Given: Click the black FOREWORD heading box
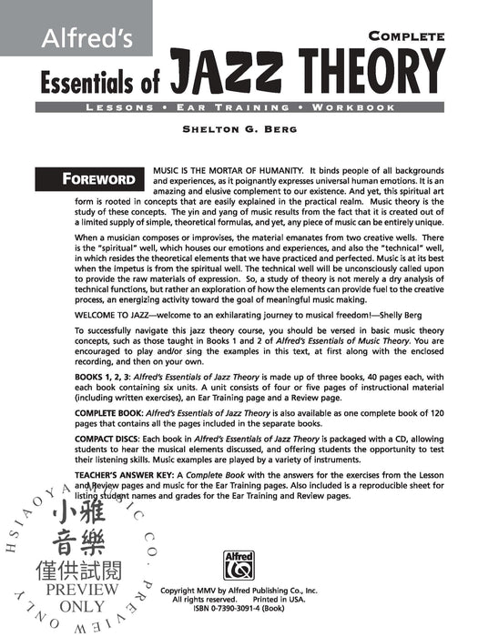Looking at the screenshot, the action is [x=112, y=178].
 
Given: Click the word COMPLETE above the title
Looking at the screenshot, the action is [x=406, y=36].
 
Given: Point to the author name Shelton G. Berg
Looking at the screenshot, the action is [x=239, y=128].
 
